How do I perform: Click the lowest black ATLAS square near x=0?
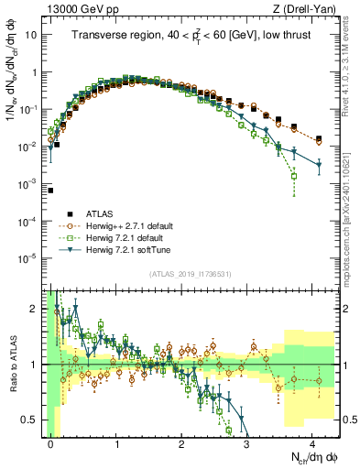[x=51, y=191]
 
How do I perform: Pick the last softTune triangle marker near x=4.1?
[x=319, y=165]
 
